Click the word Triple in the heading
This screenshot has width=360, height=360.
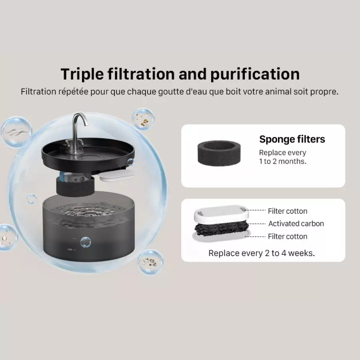(82, 74)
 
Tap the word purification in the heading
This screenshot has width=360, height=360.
(255, 74)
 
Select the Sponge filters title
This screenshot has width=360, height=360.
(292, 139)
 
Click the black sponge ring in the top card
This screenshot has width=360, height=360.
(219, 153)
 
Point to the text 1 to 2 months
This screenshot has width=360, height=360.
(283, 162)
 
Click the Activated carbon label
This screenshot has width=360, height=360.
(296, 223)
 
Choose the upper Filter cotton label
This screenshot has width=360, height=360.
(288, 211)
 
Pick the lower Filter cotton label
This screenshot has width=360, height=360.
(288, 236)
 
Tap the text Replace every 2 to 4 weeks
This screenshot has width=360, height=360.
(262, 253)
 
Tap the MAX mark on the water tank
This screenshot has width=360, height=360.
(70, 228)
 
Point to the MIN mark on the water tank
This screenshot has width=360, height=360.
(70, 249)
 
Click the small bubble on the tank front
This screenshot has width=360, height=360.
(86, 242)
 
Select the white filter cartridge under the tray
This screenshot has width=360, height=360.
(117, 176)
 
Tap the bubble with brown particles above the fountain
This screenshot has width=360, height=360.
(143, 119)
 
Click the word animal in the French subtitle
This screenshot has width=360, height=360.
(278, 92)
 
